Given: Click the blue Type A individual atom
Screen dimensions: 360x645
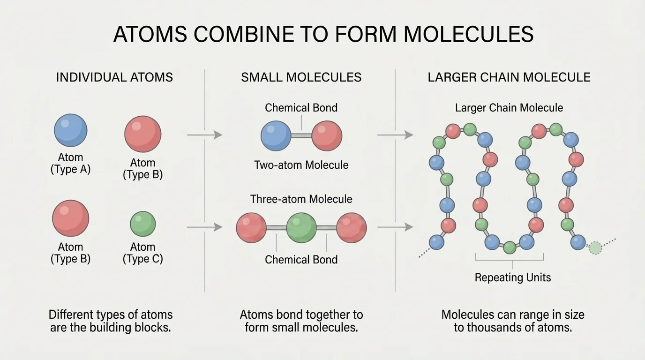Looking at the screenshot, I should (x=71, y=131).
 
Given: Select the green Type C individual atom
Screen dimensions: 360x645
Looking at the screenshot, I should (x=142, y=224).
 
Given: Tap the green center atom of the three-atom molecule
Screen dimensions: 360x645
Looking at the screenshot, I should (x=301, y=228).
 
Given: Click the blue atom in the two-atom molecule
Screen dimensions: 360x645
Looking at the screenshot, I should (x=276, y=135).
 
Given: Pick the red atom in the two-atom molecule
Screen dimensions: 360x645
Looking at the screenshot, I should (x=327, y=135).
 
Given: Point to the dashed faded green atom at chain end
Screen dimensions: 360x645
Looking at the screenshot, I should (x=595, y=247).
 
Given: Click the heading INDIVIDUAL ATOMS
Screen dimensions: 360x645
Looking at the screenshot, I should (x=114, y=77).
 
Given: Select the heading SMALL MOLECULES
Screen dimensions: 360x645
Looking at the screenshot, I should (x=301, y=77).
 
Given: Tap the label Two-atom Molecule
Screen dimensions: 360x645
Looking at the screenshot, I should (x=301, y=165).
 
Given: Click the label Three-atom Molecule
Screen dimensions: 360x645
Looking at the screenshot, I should (x=301, y=199).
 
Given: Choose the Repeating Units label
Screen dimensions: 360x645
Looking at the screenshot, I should (x=513, y=277).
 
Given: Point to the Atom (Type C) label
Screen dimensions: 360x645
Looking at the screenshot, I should (x=142, y=253).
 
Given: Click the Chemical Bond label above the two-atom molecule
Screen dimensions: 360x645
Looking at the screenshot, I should (x=301, y=108).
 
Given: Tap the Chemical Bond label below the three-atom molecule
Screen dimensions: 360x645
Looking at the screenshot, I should (x=301, y=260).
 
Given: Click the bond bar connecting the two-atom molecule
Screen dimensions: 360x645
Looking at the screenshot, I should (x=301, y=136).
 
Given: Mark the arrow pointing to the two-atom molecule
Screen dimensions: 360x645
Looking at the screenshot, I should (x=204, y=135).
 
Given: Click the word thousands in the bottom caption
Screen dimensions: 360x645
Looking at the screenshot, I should (x=499, y=327).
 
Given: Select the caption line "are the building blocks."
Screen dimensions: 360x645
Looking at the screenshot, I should (x=111, y=327).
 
